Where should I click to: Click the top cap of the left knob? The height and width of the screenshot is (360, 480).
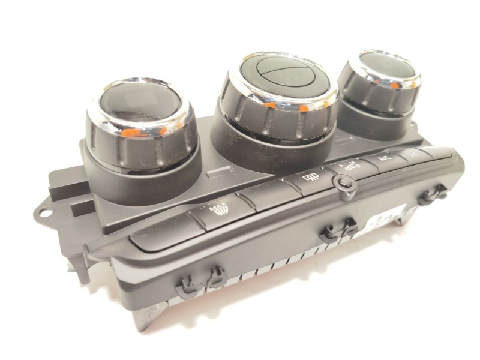(x=139, y=104)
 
